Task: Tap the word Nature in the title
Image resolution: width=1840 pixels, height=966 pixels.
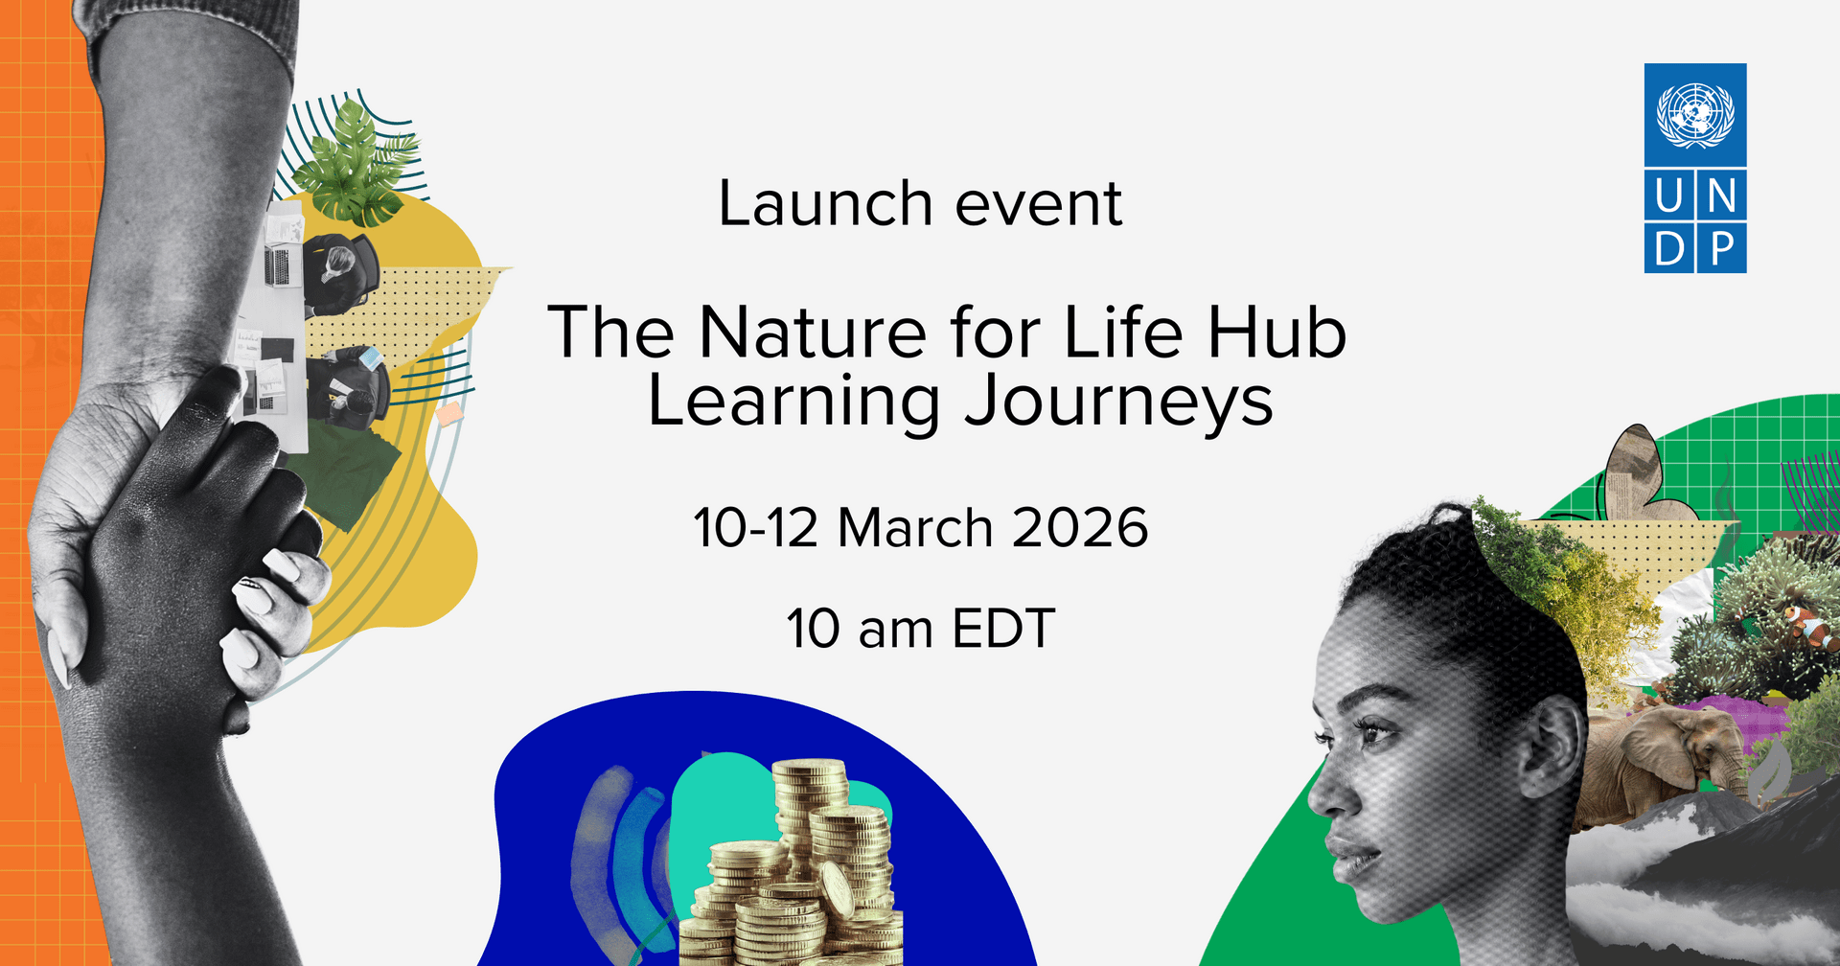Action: tap(813, 333)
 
